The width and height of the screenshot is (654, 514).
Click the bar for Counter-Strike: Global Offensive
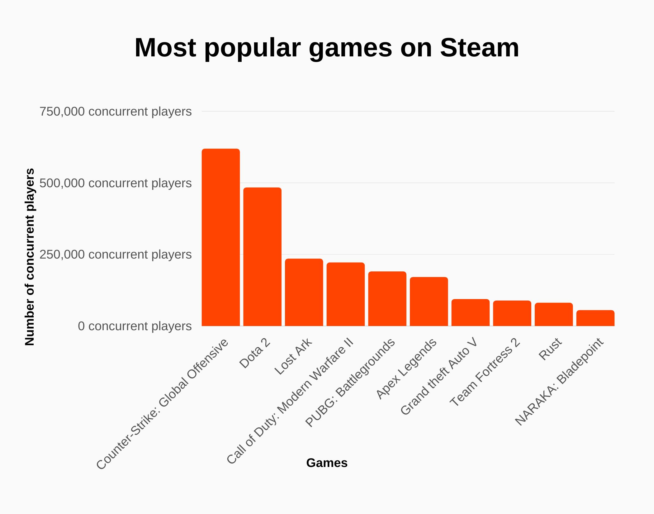pyautogui.click(x=220, y=237)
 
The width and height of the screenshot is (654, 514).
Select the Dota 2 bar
pyautogui.click(x=262, y=257)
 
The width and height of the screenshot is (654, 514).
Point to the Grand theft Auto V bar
pyautogui.click(x=470, y=312)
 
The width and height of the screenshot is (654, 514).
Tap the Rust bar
pyautogui.click(x=554, y=314)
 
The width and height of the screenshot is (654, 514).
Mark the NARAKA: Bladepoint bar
pyautogui.click(x=595, y=318)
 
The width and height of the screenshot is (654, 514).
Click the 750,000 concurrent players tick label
pyautogui.click(x=115, y=112)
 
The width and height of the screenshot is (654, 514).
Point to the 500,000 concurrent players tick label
pyautogui.click(x=115, y=183)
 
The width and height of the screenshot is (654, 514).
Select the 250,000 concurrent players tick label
pyautogui.click(x=115, y=255)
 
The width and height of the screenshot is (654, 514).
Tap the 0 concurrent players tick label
pyautogui.click(x=135, y=326)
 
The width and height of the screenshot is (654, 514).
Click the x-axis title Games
pyautogui.click(x=327, y=463)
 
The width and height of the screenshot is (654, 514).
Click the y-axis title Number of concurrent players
pyautogui.click(x=30, y=257)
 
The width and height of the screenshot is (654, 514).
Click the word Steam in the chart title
pyautogui.click(x=479, y=48)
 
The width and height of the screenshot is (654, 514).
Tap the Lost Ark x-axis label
pyautogui.click(x=293, y=356)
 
